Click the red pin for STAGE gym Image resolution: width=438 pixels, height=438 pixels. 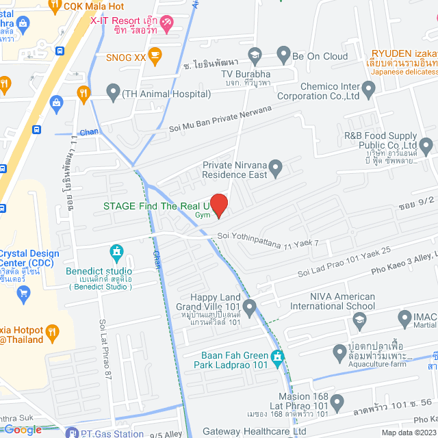(218, 205)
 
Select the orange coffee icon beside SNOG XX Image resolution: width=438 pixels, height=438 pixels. (155, 56)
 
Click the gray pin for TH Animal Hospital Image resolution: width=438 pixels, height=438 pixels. (112, 92)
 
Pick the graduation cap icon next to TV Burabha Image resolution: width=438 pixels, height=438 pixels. (255, 53)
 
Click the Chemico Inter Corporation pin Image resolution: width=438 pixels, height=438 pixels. (368, 88)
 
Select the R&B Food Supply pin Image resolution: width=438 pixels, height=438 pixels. (426, 145)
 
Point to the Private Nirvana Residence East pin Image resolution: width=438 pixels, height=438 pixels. (276, 166)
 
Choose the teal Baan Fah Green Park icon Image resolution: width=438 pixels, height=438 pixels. (277, 356)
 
